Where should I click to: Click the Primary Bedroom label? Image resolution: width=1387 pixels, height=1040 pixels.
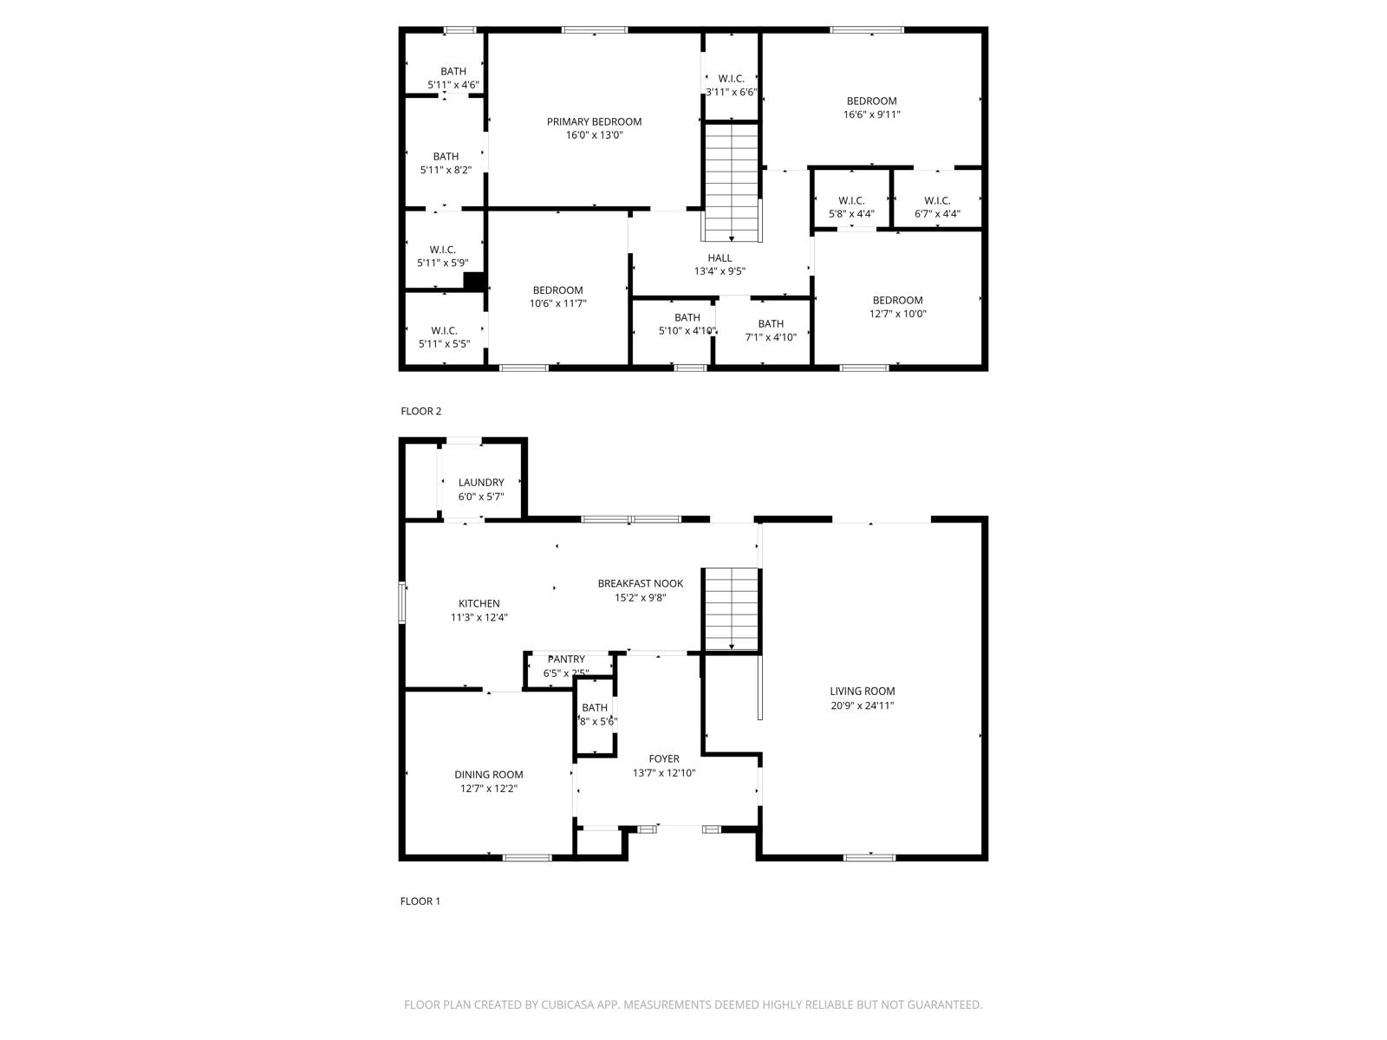click(x=594, y=121)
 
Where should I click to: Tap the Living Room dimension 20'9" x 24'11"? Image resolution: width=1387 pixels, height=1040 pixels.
click(x=862, y=705)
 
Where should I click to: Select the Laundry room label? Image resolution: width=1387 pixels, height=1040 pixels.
click(x=481, y=483)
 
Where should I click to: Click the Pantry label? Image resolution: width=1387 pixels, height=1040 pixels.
click(x=566, y=660)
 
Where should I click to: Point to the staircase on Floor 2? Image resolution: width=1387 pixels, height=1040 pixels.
click(x=733, y=182)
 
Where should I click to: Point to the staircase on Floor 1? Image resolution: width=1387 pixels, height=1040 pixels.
click(x=732, y=608)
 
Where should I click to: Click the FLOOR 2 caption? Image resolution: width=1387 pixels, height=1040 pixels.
click(x=421, y=412)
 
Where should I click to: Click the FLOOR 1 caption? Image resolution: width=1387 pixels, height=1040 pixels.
click(x=420, y=901)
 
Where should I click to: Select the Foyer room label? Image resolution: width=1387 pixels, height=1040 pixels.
click(x=664, y=759)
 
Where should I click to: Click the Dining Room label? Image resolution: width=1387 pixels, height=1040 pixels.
click(x=489, y=775)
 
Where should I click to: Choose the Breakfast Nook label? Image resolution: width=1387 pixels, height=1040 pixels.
click(x=641, y=583)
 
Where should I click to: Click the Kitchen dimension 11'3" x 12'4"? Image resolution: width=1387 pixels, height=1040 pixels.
click(x=479, y=618)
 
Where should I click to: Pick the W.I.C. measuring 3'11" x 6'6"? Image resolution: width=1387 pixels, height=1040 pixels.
click(x=732, y=85)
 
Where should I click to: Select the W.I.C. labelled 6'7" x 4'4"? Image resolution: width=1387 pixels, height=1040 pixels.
click(x=937, y=207)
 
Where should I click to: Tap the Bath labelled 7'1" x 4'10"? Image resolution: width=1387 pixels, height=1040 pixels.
click(x=771, y=330)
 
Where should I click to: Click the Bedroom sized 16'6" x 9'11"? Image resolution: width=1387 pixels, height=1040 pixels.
click(x=872, y=107)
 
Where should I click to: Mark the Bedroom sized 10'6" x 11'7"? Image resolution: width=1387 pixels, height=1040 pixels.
click(x=558, y=296)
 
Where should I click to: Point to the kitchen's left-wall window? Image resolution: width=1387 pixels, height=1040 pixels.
click(x=402, y=602)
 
